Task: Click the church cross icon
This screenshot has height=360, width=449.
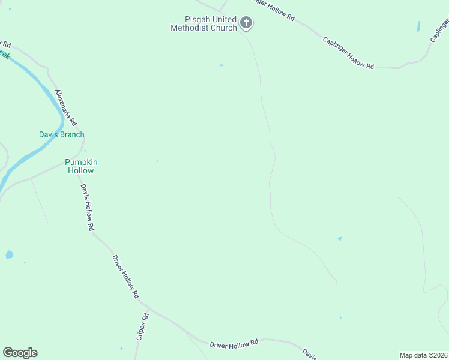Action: pyautogui.click(x=246, y=23)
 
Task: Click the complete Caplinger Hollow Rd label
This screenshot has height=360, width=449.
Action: pyautogui.click(x=348, y=53)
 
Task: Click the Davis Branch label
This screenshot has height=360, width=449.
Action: pyautogui.click(x=61, y=134)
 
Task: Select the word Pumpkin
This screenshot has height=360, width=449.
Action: pyautogui.click(x=81, y=163)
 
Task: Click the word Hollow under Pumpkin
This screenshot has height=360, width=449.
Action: pyautogui.click(x=80, y=170)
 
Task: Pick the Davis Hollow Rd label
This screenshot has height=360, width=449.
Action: pyautogui.click(x=88, y=207)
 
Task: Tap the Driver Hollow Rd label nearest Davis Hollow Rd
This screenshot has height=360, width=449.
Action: pyautogui.click(x=125, y=277)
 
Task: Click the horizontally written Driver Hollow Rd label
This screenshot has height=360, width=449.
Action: pyautogui.click(x=234, y=343)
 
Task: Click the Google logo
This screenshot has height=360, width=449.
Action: pyautogui.click(x=20, y=353)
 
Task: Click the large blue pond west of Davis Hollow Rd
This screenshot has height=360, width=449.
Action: pyautogui.click(x=9, y=254)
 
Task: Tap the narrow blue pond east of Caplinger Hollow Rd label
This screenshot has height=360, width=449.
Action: pyautogui.click(x=418, y=27)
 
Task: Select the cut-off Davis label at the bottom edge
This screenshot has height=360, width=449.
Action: pyautogui.click(x=309, y=353)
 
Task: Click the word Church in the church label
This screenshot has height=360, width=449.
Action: pyautogui.click(x=224, y=28)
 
